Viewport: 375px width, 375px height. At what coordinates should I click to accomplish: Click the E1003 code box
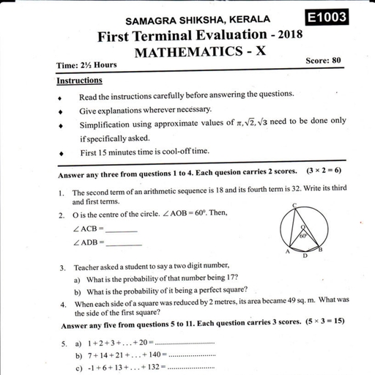[x=327, y=18]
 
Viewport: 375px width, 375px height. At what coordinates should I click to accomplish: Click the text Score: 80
[x=324, y=60]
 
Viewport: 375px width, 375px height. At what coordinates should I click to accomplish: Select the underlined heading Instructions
[x=79, y=81]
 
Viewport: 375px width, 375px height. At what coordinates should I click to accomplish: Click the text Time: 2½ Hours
[x=86, y=65]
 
